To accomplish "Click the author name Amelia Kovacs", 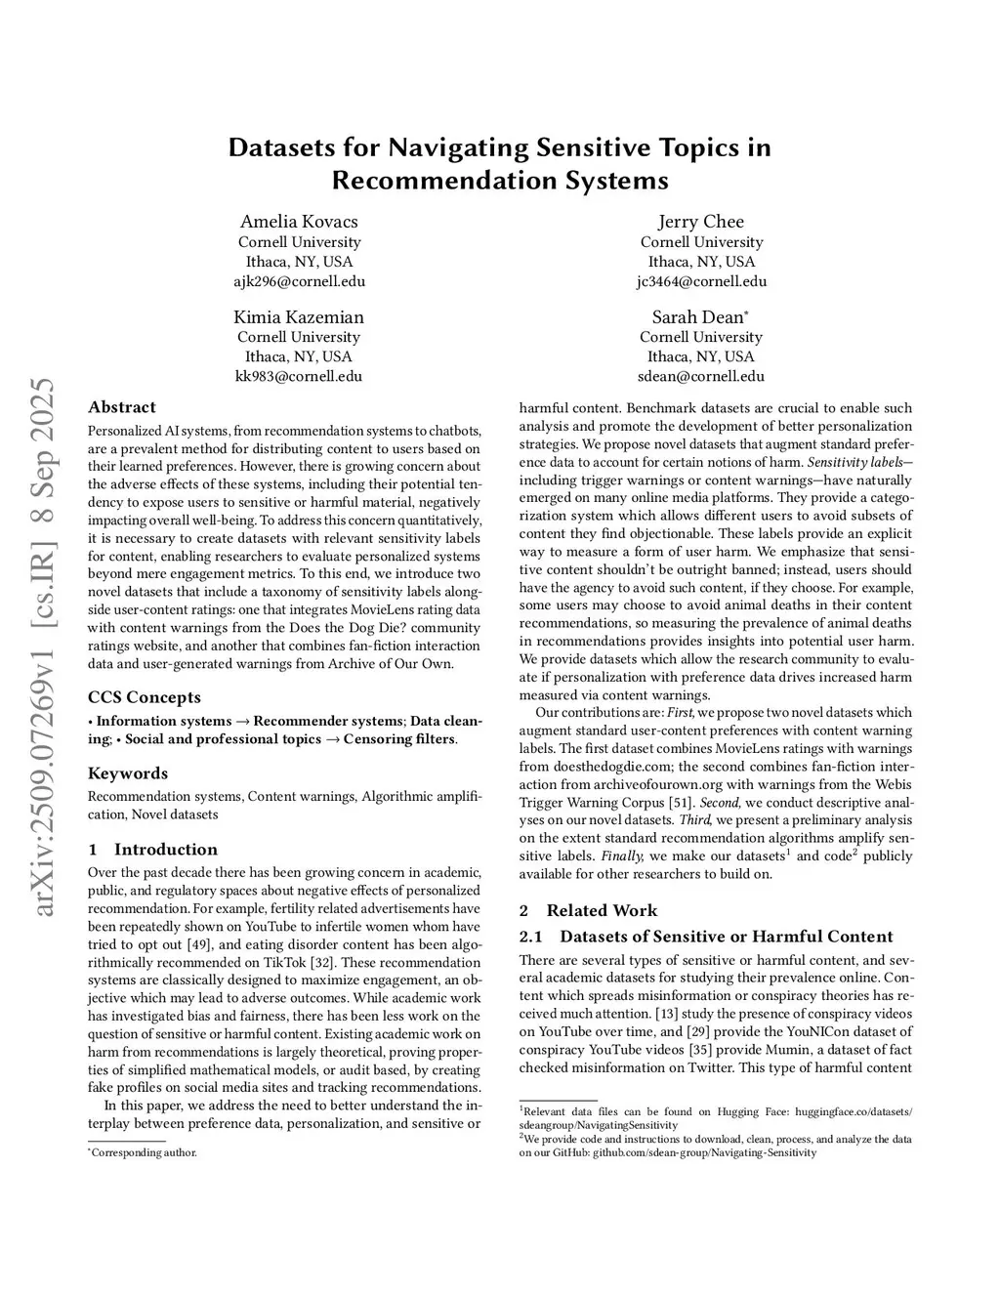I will [x=299, y=222].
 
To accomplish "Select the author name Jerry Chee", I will [x=700, y=222].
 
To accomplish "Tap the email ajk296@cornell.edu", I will [x=299, y=281].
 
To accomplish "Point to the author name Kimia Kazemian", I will [x=299, y=317].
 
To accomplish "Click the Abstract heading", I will [x=122, y=407].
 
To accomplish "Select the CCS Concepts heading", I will [x=145, y=697].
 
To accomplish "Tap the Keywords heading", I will [x=128, y=772].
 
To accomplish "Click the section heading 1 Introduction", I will [x=152, y=849].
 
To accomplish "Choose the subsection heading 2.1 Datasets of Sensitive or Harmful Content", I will [x=705, y=937].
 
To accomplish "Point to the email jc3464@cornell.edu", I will [x=700, y=281].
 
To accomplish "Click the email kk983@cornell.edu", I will [x=299, y=376].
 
